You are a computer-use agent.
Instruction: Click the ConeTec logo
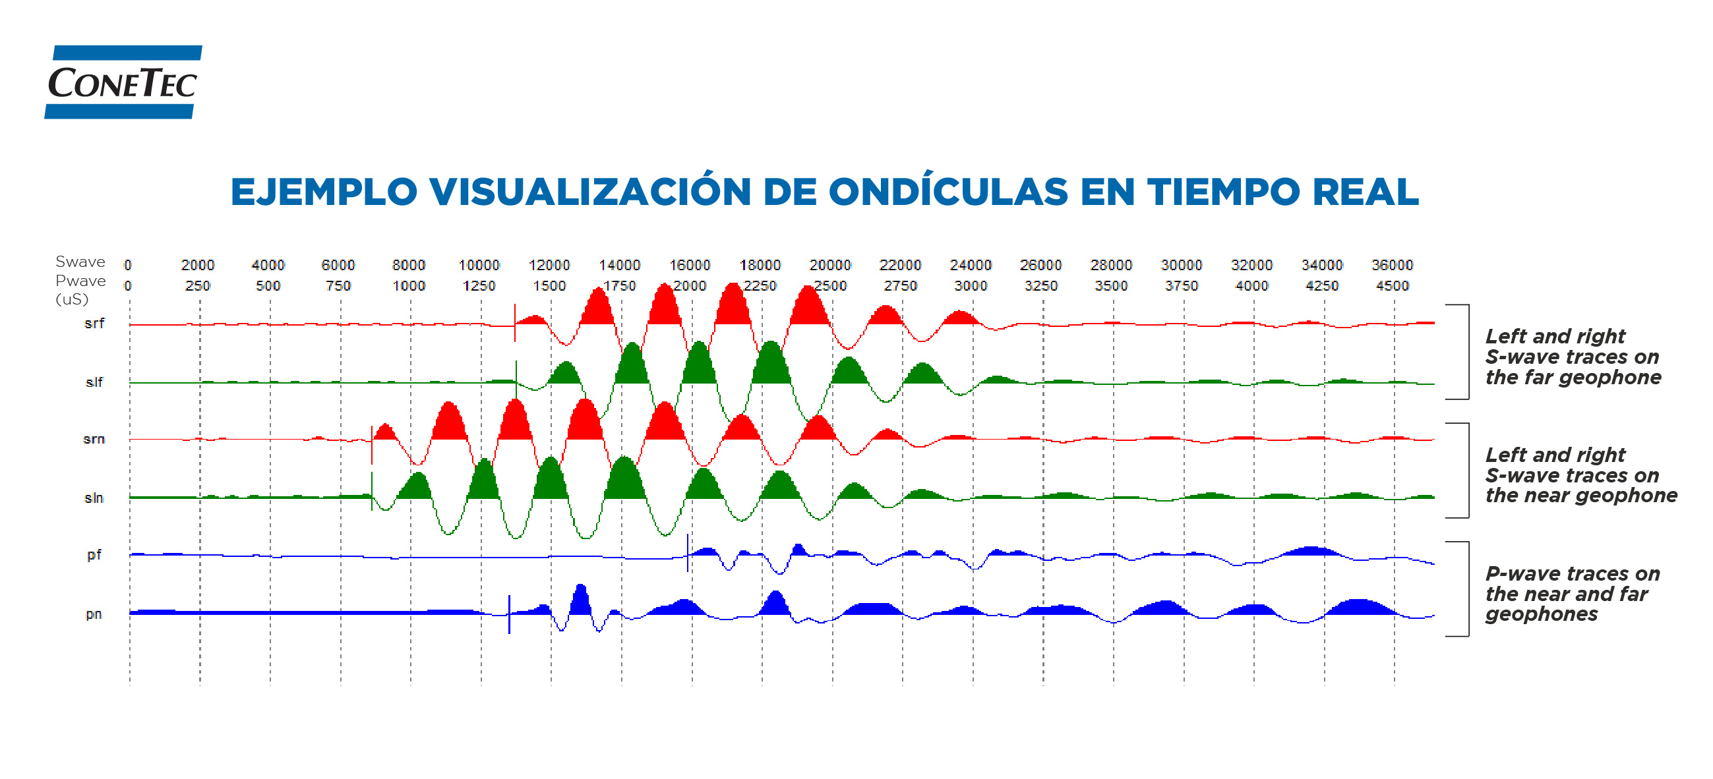click(123, 82)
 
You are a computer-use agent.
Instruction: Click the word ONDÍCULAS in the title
click(947, 192)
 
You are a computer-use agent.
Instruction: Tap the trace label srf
click(94, 324)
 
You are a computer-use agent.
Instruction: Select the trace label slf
click(94, 382)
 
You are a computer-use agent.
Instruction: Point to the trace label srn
click(94, 439)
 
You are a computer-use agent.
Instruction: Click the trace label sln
click(94, 498)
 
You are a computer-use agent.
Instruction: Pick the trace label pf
click(94, 554)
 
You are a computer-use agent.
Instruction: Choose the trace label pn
click(94, 614)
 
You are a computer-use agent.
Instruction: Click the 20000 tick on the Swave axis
click(829, 265)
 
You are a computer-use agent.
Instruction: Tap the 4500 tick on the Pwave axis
click(1392, 286)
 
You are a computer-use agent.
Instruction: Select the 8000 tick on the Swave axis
click(408, 265)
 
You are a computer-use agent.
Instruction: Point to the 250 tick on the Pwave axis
click(198, 286)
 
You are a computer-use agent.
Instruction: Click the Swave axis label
click(80, 261)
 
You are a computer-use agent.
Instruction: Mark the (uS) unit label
click(72, 299)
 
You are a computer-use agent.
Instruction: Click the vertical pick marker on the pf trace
click(688, 553)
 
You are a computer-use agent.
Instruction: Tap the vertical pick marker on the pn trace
click(510, 614)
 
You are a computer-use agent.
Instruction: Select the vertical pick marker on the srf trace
click(515, 323)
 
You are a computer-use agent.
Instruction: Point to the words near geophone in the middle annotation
click(1609, 495)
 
